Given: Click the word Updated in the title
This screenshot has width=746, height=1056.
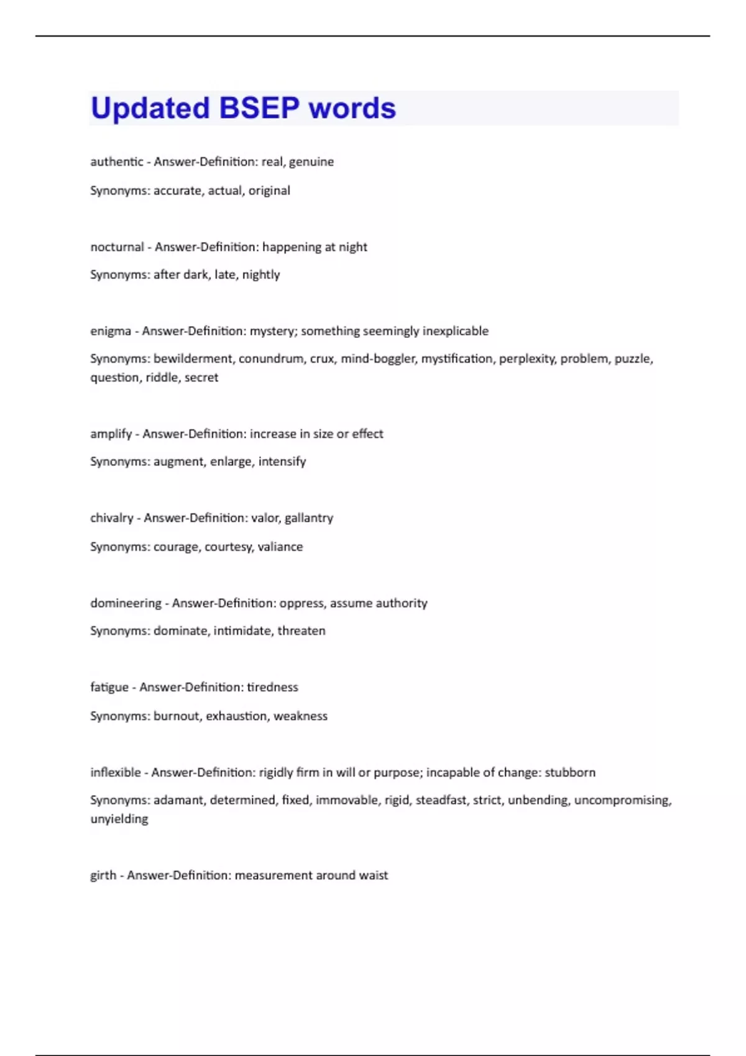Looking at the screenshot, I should [150, 108].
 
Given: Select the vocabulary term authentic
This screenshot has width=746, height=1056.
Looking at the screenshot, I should [116, 162].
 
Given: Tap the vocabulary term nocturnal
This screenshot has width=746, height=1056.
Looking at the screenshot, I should [117, 247].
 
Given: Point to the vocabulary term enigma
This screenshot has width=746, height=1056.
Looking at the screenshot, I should [110, 331].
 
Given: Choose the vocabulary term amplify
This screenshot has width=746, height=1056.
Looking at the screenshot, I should [111, 434].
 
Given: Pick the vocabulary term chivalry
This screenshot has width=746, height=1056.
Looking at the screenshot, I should [111, 518].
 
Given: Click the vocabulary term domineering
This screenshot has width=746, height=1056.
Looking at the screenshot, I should [126, 603].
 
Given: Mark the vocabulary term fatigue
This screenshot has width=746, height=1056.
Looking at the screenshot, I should [109, 688].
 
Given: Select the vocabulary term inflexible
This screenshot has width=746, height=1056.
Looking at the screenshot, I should [115, 772].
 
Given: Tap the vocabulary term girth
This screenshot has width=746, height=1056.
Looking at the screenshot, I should [103, 875].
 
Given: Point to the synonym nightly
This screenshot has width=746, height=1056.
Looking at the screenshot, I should [260, 275].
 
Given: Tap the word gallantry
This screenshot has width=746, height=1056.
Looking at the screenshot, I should [308, 518].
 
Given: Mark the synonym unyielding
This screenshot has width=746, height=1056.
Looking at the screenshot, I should [119, 819].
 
